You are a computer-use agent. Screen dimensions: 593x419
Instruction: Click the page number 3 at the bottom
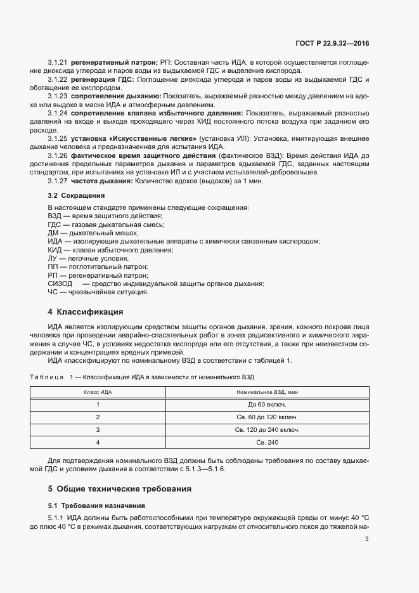point(367,539)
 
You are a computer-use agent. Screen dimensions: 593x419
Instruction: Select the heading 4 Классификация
point(85,312)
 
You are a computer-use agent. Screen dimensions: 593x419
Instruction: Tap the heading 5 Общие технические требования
point(119,489)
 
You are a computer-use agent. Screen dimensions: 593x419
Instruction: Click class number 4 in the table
point(98,442)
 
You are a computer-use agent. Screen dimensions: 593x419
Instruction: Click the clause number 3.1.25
point(58,138)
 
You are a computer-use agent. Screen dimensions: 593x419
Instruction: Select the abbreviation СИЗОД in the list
point(60,283)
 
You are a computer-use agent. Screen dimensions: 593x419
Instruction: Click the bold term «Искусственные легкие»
point(157,138)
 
